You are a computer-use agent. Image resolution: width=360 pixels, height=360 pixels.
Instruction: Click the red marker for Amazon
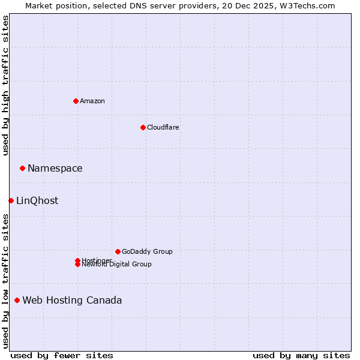click(76, 101)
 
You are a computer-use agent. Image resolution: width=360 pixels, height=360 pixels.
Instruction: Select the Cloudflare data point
click(143, 127)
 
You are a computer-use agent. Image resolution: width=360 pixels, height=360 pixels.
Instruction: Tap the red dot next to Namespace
click(22, 168)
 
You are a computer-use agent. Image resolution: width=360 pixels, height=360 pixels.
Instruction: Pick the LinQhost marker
click(11, 200)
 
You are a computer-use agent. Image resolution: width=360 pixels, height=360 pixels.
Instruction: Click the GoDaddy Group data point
click(118, 251)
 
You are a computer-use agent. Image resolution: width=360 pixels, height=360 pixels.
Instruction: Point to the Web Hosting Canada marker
click(17, 300)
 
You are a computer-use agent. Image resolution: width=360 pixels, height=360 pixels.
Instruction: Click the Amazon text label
click(92, 101)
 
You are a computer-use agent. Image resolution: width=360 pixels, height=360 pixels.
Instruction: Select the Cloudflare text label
click(163, 127)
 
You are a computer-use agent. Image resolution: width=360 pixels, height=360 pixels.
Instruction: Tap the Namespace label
click(55, 169)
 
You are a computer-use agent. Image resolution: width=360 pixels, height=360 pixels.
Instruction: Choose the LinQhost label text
click(37, 201)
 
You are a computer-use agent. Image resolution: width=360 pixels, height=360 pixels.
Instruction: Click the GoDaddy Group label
click(147, 251)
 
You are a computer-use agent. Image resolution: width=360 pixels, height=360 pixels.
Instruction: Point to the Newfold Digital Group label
click(117, 265)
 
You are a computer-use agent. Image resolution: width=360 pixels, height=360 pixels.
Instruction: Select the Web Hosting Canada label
click(72, 301)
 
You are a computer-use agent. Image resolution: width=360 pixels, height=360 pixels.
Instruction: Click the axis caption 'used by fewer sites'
click(62, 355)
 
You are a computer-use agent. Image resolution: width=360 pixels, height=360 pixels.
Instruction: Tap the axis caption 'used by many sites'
click(301, 355)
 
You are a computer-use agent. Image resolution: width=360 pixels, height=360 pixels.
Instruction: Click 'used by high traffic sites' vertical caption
click(5, 85)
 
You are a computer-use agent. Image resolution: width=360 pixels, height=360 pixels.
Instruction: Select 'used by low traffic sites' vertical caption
click(5, 281)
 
